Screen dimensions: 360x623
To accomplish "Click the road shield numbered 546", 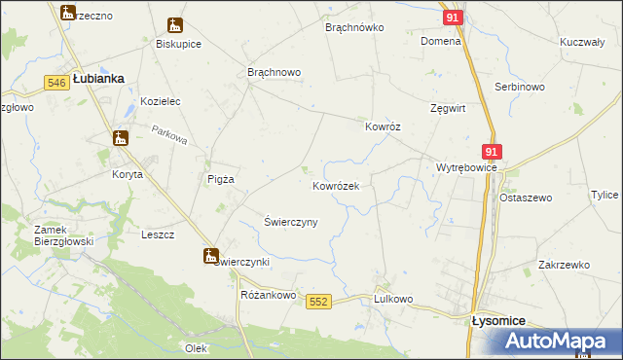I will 55,84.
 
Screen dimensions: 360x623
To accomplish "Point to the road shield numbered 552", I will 317,303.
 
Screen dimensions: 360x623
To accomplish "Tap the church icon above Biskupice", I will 175,25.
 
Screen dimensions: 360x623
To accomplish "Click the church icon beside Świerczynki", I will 210,256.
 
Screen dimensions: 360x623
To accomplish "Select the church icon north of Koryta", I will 120,138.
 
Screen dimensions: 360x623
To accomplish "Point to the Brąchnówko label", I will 355,28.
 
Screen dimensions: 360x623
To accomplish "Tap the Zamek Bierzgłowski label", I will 36,235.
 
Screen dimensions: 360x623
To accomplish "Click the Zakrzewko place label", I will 564,265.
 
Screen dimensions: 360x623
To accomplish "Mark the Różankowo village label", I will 267,294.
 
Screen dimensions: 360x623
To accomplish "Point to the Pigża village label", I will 220,178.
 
